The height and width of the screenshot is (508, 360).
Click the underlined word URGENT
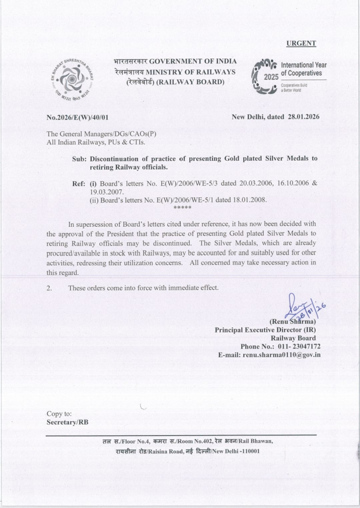(301, 43)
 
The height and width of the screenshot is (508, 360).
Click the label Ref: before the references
(79, 183)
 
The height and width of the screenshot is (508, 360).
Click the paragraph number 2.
(49, 288)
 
